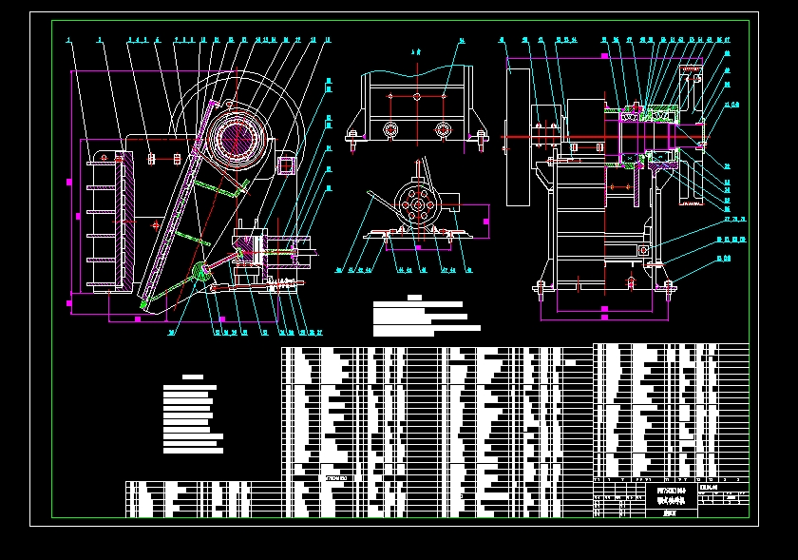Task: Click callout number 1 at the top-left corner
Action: (x=69, y=40)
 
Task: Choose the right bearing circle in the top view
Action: (x=442, y=128)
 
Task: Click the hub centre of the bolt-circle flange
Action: (x=416, y=206)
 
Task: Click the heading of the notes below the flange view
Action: (x=414, y=297)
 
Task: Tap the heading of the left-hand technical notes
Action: (x=193, y=377)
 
